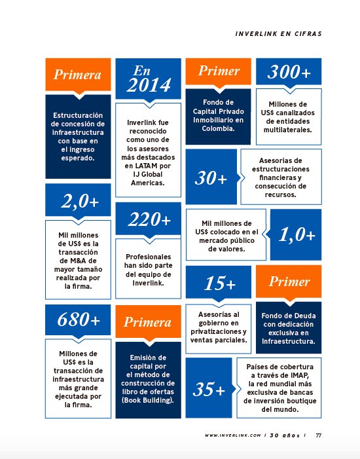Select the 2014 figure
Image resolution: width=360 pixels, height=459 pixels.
(x=149, y=85)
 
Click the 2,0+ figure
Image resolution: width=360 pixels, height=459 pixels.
(x=79, y=202)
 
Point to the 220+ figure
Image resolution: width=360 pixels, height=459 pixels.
(x=148, y=219)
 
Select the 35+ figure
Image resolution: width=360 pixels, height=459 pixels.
(x=209, y=390)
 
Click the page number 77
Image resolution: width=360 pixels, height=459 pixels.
(x=319, y=435)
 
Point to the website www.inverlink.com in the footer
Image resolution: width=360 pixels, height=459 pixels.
(x=233, y=435)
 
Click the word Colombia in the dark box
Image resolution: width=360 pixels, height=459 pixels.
(x=218, y=130)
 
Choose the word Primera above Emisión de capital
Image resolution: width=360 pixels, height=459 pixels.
(x=148, y=322)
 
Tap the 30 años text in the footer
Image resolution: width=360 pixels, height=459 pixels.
(x=287, y=435)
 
